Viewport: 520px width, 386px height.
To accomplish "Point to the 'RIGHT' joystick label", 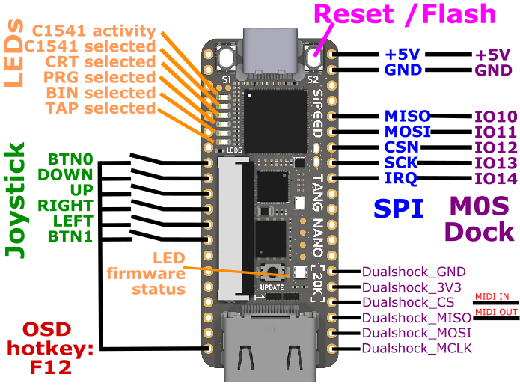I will point(66,205).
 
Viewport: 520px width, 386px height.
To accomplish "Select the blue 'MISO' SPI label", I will point(407,116).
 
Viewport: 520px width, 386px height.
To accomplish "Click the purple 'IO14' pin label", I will point(495,178).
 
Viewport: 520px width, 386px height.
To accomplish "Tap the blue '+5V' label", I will point(403,55).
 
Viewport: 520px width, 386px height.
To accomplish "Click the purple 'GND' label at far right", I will point(493,70).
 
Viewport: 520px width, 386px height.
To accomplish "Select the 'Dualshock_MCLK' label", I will point(417,349).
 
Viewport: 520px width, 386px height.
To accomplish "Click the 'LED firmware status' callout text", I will point(157,273).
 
